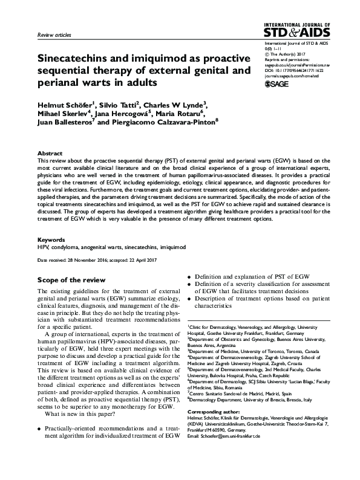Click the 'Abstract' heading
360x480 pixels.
pyautogui.click(x=49, y=154)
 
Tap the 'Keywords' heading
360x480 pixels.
pyautogui.click(x=51, y=239)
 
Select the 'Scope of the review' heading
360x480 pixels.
pyautogui.click(x=71, y=280)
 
